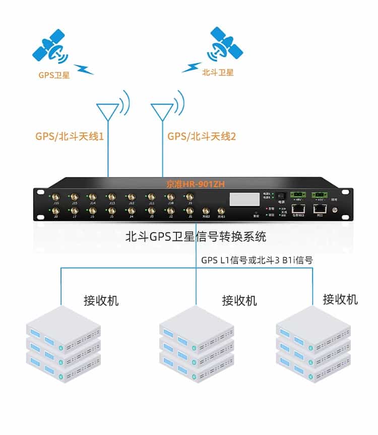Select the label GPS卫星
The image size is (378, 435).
click(54, 75)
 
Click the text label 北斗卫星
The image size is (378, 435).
click(218, 72)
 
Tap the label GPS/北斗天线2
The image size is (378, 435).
click(202, 136)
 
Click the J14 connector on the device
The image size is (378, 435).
click(92, 197)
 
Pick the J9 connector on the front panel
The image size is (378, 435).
click(190, 197)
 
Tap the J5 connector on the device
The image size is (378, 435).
click(112, 211)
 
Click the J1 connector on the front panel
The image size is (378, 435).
click(190, 211)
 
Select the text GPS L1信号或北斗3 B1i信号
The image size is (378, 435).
click(257, 260)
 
